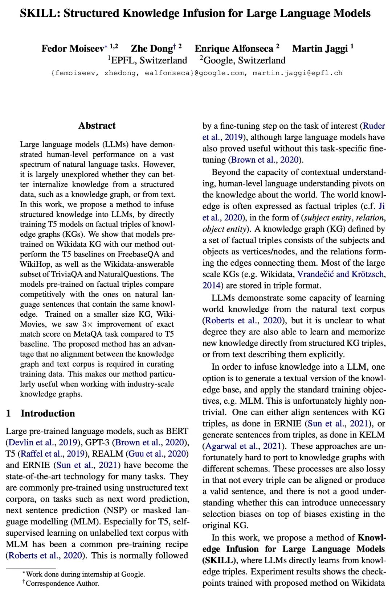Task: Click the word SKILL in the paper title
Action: pos(39,13)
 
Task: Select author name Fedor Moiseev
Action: pos(72,49)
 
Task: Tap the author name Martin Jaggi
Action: pos(320,49)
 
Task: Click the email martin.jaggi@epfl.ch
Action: pos(297,73)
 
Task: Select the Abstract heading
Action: pos(97,126)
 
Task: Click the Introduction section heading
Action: pos(48,413)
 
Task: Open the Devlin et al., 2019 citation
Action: pos(42,443)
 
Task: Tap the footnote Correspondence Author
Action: pos(62,583)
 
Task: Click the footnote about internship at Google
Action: pos(85,574)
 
